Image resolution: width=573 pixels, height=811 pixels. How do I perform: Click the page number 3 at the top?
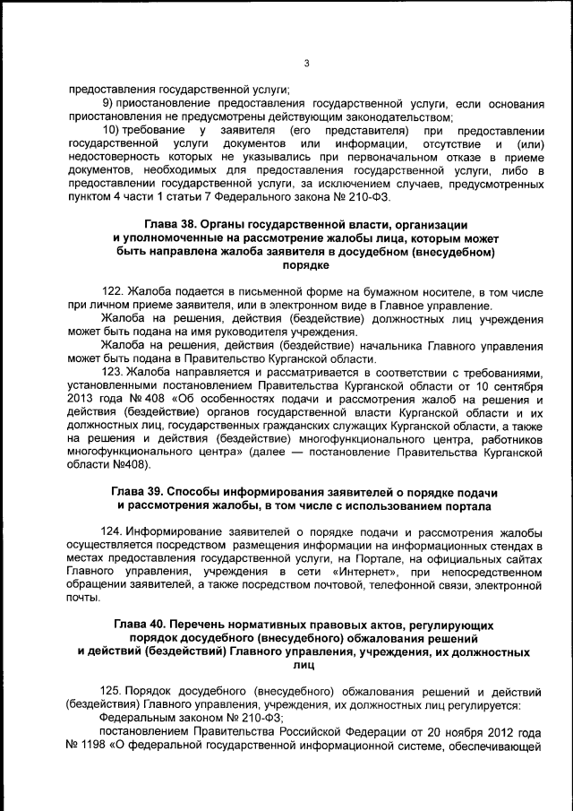(x=305, y=64)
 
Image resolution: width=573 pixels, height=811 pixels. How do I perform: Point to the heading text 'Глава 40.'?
(x=144, y=624)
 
